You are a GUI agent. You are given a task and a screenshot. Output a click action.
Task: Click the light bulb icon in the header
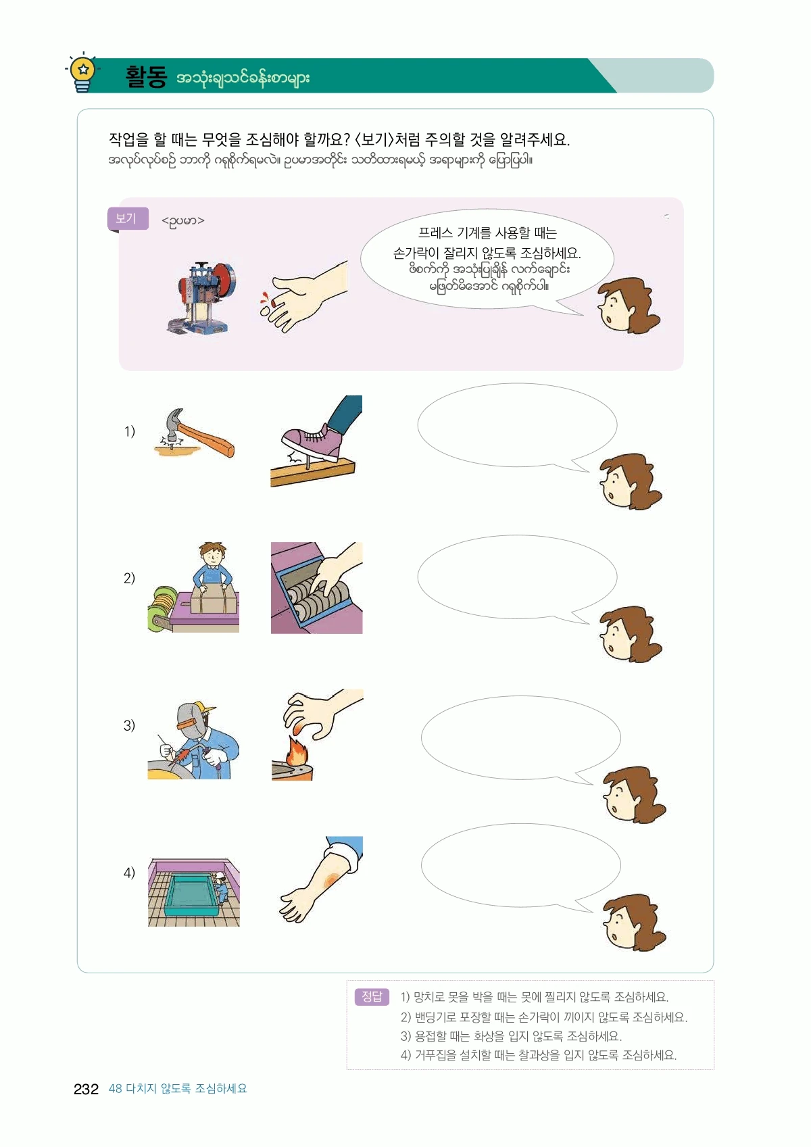[x=82, y=72]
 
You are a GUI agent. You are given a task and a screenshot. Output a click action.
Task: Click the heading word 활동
[x=146, y=77]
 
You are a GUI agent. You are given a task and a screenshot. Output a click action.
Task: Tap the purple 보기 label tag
[x=128, y=218]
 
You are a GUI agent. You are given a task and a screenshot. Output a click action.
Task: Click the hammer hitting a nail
[x=195, y=434]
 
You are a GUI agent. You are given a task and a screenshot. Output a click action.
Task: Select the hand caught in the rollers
[x=316, y=588]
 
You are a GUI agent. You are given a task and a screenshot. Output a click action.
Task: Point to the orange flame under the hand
[x=295, y=751]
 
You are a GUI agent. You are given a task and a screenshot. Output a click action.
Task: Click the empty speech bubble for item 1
[x=518, y=426]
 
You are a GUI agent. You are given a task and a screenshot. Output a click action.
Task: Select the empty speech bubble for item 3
[x=521, y=738]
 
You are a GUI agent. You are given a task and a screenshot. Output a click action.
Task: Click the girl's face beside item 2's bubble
[x=631, y=634]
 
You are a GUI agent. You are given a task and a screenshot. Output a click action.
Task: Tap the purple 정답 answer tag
[x=372, y=996]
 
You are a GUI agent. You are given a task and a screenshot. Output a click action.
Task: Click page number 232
[x=86, y=1089]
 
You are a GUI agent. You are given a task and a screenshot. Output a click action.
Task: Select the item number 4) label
[x=129, y=873]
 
